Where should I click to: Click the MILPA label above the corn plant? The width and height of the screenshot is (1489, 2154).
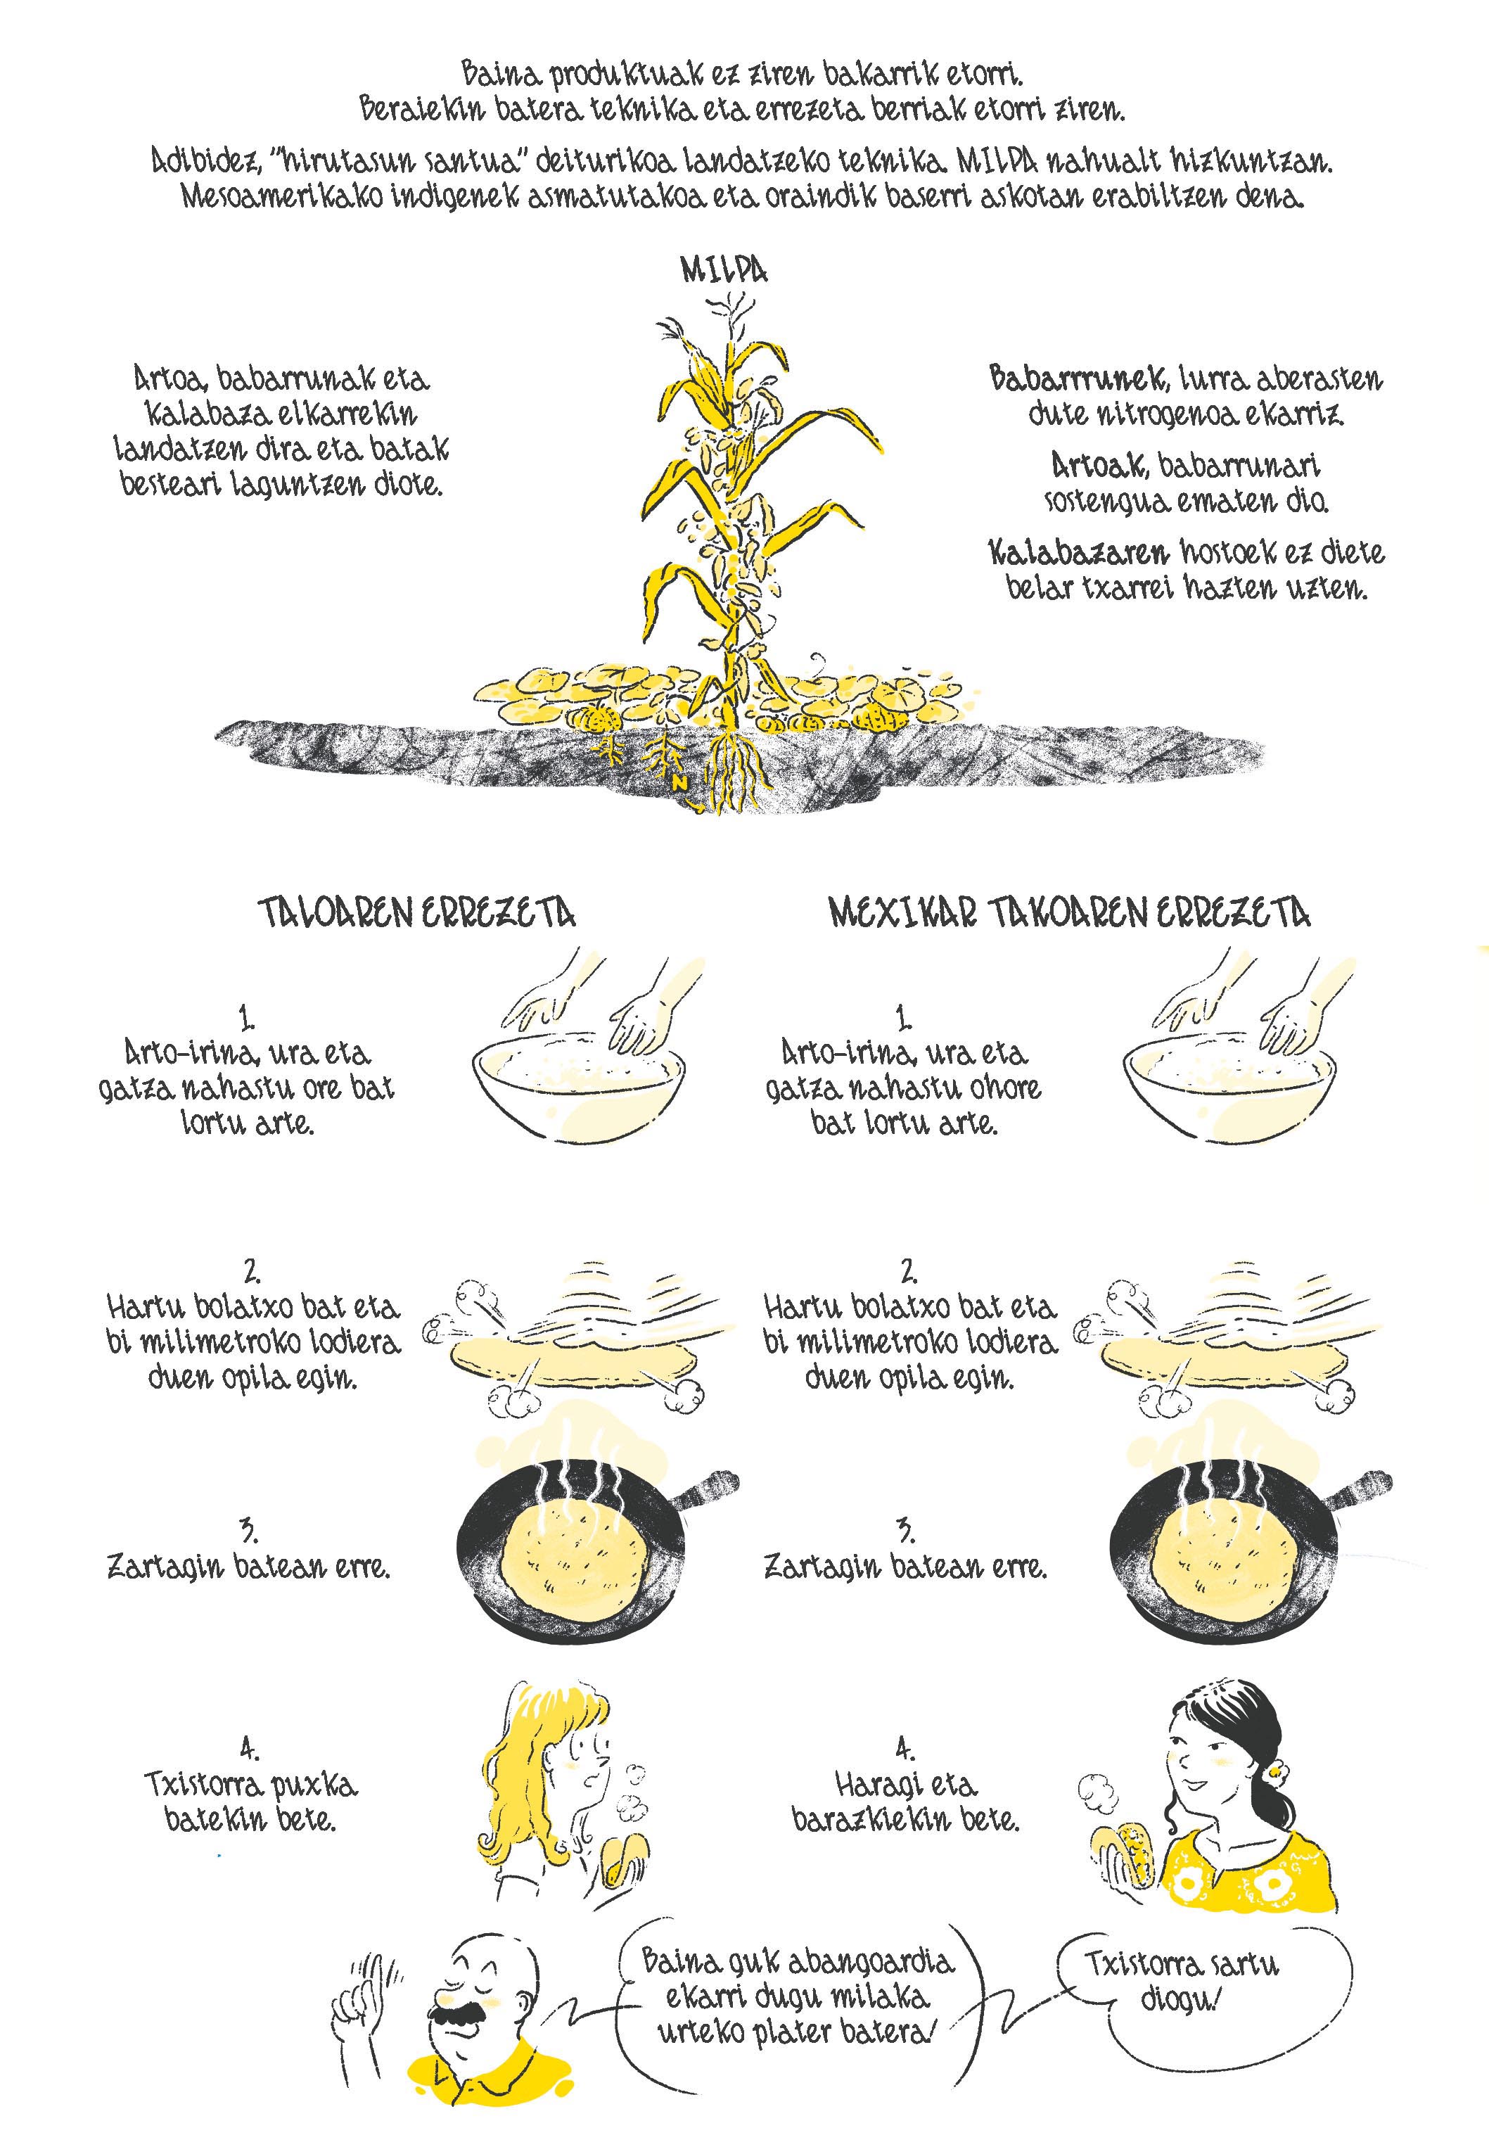point(724,271)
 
